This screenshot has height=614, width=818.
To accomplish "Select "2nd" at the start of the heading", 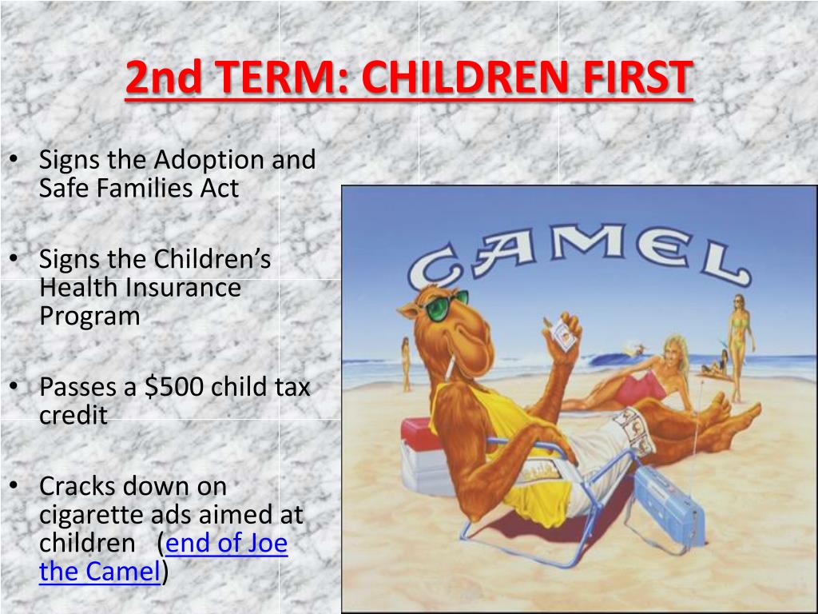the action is click(163, 78).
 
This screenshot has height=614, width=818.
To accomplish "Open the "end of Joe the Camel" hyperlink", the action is click(163, 557).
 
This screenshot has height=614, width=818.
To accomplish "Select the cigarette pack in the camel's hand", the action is click(563, 333).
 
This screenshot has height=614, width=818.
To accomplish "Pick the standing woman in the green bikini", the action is click(741, 347).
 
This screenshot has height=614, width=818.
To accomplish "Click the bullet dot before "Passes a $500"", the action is click(14, 386).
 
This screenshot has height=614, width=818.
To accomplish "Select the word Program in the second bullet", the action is click(89, 317).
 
